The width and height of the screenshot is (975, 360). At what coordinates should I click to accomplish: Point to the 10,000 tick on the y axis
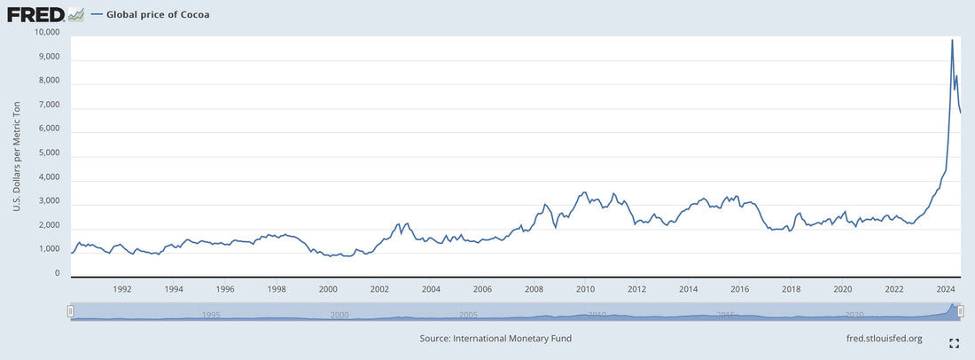coord(44,33)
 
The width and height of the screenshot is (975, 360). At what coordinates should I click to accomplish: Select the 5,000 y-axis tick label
coord(47,153)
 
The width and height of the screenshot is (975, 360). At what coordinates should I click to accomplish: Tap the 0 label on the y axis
coord(57,274)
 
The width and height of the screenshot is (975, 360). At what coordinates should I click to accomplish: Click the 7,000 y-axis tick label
coord(47,105)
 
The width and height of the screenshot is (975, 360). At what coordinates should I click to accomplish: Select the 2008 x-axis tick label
coord(534,289)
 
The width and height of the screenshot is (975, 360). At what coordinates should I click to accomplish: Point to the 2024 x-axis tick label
coord(946,289)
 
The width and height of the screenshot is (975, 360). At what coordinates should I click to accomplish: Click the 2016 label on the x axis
coord(740,289)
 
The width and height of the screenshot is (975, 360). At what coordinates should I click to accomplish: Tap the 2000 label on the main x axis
coord(328,289)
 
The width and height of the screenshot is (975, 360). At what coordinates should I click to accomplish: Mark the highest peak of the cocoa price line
coord(952,40)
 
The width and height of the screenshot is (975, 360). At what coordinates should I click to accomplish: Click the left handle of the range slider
coord(71,311)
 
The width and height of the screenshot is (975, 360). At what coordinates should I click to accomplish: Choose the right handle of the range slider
coord(961,311)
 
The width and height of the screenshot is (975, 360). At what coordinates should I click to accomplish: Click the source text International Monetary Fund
coord(495,339)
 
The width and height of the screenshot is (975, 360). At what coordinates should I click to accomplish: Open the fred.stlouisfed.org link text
coord(885,339)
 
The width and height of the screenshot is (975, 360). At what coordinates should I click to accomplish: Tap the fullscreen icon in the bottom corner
coord(955,343)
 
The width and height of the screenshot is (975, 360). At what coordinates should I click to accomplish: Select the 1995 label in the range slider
coord(211,315)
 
